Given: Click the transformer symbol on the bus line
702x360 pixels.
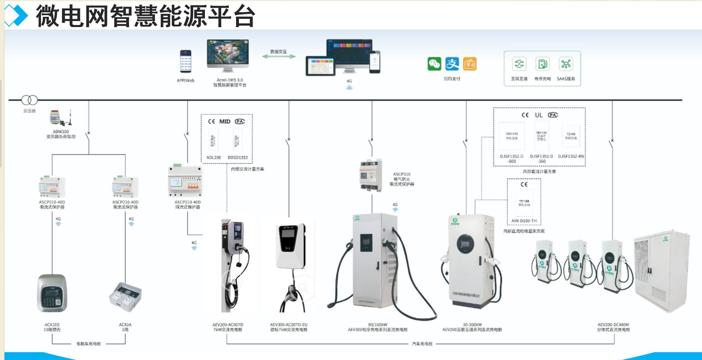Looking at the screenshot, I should [30, 100].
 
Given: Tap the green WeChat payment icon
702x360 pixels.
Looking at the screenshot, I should [434, 64].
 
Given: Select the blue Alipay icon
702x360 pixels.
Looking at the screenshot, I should [452, 64].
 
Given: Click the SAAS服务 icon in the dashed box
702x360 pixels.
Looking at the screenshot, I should [566, 64].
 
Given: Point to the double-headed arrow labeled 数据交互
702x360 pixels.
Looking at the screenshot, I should [279, 57].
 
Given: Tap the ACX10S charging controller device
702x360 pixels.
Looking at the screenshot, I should [52, 293].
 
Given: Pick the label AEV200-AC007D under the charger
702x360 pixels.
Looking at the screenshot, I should [228, 325].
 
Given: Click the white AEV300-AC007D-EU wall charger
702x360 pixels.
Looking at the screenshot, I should [291, 246].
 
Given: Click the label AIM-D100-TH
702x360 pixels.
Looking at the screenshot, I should [524, 221].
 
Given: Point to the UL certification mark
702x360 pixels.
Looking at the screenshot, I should [538, 115].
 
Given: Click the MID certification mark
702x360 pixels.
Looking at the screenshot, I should [225, 121].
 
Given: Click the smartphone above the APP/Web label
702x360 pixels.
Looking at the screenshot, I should [186, 62].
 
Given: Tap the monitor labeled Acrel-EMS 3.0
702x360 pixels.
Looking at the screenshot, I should [228, 55].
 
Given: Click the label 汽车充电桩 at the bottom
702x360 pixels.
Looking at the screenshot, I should [422, 344].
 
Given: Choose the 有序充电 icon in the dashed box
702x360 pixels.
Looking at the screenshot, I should [542, 64].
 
